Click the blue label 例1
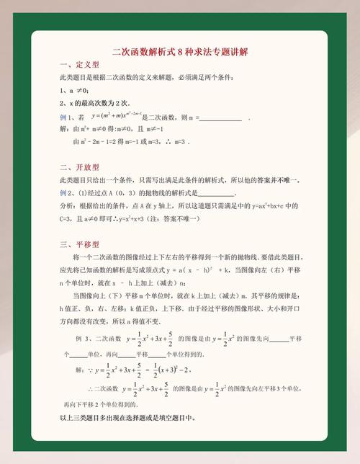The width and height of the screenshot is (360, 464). coord(63,117)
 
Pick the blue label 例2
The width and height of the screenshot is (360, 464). coord(63,192)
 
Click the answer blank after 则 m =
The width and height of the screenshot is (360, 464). coord(220,117)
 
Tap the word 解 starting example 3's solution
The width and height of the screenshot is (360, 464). coord(78,370)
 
